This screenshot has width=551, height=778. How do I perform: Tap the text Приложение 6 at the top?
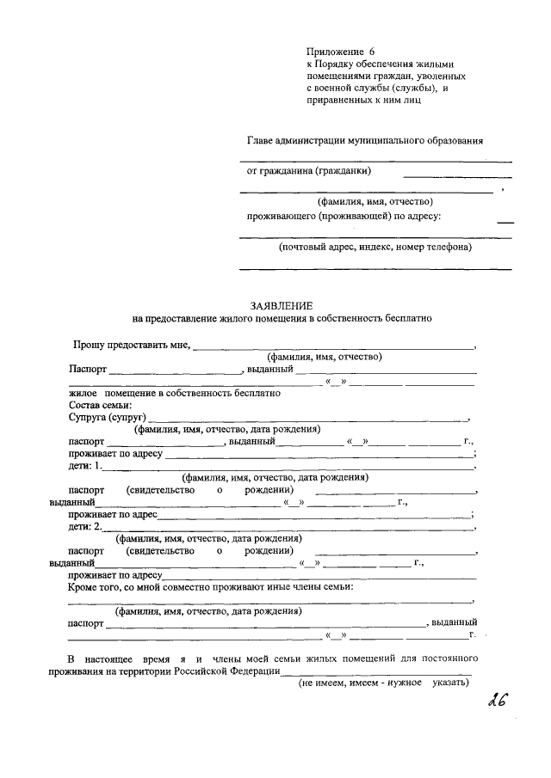point(342,52)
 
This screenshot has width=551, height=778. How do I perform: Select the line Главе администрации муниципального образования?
point(364,139)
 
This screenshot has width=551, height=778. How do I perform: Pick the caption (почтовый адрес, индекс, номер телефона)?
point(375,247)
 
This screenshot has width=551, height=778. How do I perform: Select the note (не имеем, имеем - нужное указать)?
point(383,682)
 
